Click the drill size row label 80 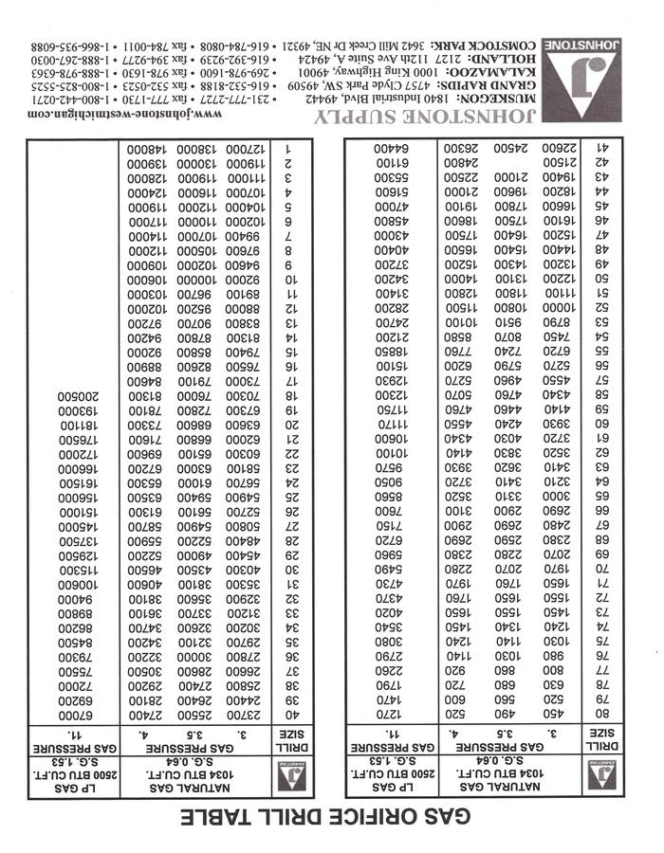pos(601,714)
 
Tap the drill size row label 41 pos(601,149)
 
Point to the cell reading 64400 pos(390,149)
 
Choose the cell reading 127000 pos(244,149)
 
